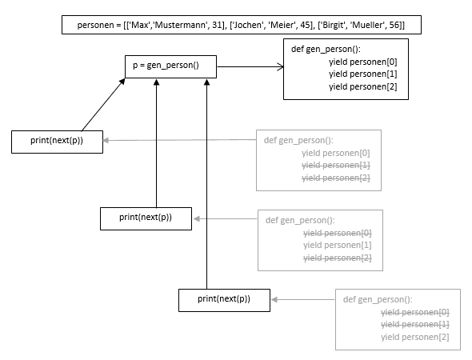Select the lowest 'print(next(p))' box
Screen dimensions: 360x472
click(224, 299)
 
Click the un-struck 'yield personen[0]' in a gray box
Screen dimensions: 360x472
click(336, 153)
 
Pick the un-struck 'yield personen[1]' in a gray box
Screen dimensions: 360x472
click(337, 245)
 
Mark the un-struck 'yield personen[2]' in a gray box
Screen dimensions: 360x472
click(414, 337)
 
